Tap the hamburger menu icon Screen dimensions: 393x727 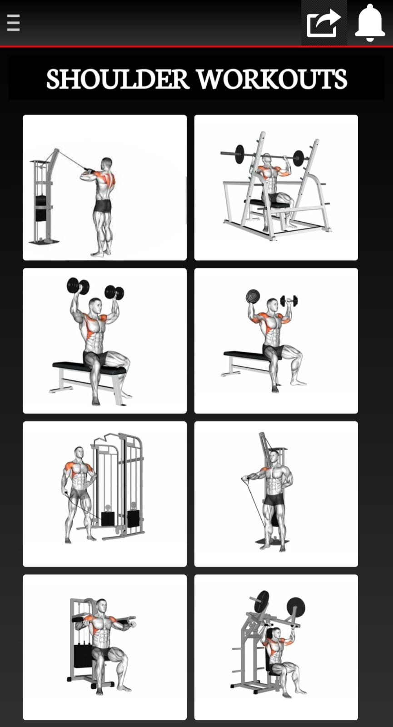[x=13, y=23]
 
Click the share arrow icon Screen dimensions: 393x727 [x=323, y=23]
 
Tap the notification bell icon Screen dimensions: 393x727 [x=370, y=23]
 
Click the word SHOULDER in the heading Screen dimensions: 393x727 [x=118, y=79]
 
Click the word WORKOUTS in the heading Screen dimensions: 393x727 [x=272, y=79]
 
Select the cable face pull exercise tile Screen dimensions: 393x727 [x=105, y=188]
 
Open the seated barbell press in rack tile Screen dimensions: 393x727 [x=276, y=188]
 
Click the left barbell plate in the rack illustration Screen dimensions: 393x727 [x=239, y=154]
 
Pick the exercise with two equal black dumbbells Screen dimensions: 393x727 [x=105, y=341]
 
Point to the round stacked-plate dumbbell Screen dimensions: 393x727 [x=252, y=296]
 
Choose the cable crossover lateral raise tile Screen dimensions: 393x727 [x=105, y=494]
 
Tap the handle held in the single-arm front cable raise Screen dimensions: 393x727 [x=246, y=478]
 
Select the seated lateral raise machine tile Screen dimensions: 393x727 [x=105, y=647]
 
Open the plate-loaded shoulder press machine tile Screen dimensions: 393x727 [x=276, y=647]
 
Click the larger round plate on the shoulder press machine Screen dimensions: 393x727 [x=296, y=607]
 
